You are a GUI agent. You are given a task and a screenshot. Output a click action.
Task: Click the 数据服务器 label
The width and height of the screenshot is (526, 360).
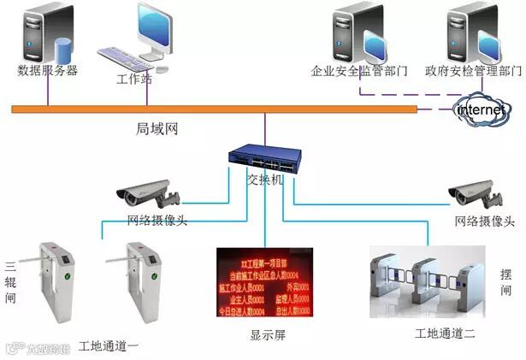[47, 71]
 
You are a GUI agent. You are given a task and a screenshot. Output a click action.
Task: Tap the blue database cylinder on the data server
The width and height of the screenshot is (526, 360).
[62, 48]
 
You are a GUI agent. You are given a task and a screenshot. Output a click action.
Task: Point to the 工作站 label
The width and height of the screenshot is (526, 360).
[133, 79]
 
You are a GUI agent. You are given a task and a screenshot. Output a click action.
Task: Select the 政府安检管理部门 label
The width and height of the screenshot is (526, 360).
[473, 71]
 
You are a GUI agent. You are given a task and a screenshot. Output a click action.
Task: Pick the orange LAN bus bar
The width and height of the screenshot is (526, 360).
[214, 109]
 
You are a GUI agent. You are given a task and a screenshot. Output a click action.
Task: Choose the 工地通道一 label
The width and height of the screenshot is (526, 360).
[109, 346]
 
